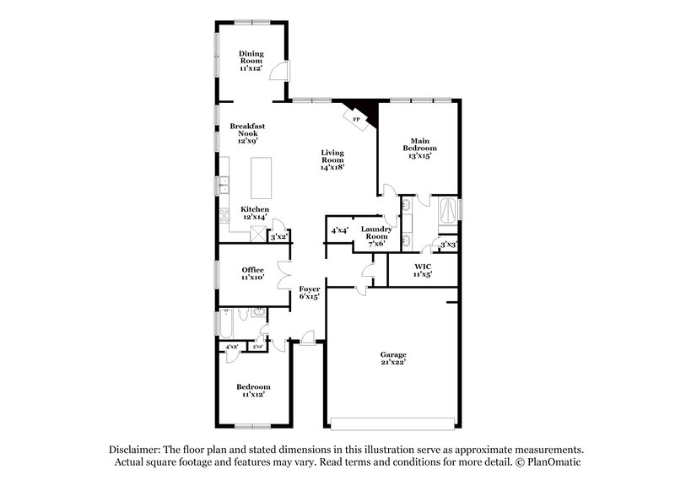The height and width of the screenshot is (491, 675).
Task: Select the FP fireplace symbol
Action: [x=357, y=120]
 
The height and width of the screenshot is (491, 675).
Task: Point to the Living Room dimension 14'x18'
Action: [x=332, y=167]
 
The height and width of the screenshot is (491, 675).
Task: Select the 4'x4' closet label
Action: [x=340, y=229]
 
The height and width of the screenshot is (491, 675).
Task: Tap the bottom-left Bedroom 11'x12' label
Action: [x=253, y=390]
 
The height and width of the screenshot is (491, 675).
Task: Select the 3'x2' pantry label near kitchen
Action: [x=278, y=237]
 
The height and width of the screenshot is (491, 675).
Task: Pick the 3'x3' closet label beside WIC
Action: [x=448, y=245]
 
